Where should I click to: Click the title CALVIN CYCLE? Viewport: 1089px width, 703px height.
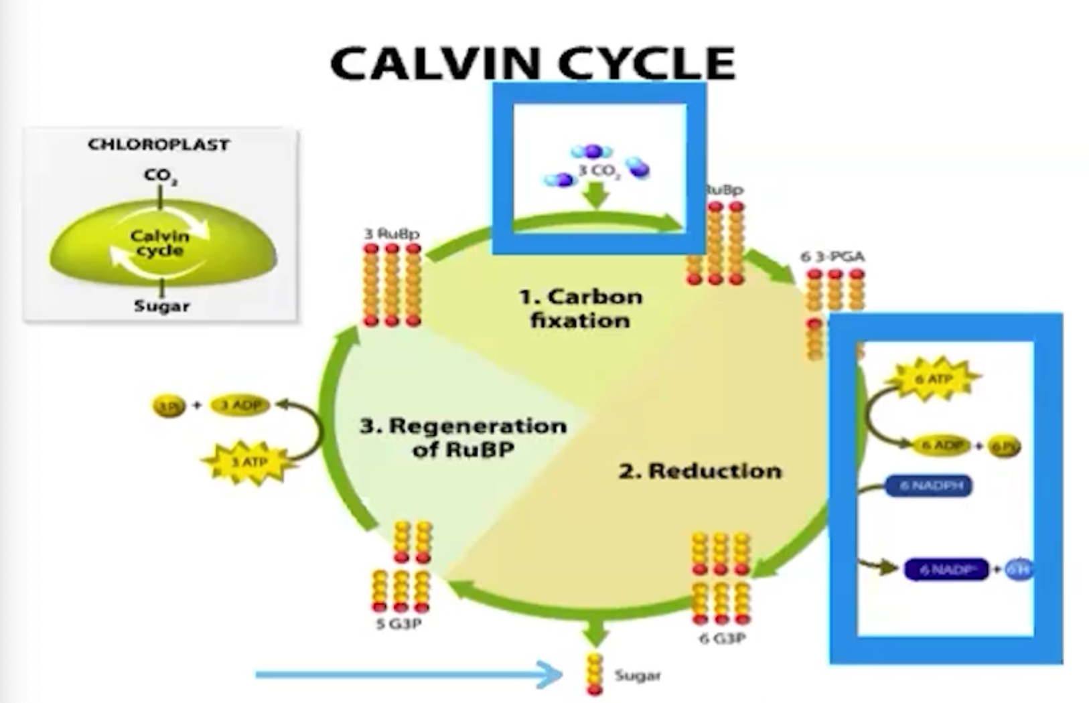[532, 63]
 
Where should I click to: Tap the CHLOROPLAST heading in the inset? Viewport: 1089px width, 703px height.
[159, 145]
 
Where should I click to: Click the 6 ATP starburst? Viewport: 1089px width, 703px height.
[933, 380]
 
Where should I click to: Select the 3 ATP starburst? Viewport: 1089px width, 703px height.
[249, 462]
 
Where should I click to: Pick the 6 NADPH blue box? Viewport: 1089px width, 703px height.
[930, 486]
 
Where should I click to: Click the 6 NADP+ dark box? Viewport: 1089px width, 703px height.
[946, 570]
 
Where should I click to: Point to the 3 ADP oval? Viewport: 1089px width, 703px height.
[240, 405]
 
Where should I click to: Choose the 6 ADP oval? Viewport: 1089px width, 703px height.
[942, 445]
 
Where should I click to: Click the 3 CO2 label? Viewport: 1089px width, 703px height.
[599, 171]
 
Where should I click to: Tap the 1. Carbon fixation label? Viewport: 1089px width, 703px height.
[581, 308]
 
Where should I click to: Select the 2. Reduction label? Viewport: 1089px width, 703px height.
[699, 471]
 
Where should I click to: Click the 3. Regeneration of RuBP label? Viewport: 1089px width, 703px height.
[463, 437]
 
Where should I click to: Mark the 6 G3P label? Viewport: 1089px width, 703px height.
[722, 638]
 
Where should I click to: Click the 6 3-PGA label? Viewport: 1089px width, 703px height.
[832, 256]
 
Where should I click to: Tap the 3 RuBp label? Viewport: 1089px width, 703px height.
[392, 234]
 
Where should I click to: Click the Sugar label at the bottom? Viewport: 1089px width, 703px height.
[638, 676]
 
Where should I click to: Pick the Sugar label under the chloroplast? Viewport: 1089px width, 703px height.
[161, 306]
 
